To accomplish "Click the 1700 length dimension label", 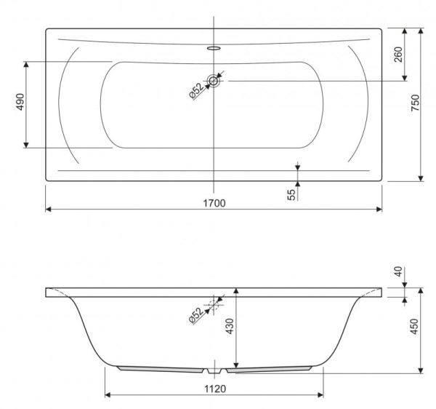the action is (x=214, y=203).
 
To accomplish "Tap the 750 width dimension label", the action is (x=415, y=103).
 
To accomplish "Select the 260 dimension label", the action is (x=398, y=55).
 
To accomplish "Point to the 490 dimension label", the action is (x=20, y=102).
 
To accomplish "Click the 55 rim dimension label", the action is (x=291, y=194).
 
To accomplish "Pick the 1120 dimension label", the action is (x=215, y=389).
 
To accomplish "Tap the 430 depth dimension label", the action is (x=230, y=326).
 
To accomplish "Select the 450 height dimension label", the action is (x=414, y=327).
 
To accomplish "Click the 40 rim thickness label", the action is (x=398, y=271).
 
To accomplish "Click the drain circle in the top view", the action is (x=214, y=81).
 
